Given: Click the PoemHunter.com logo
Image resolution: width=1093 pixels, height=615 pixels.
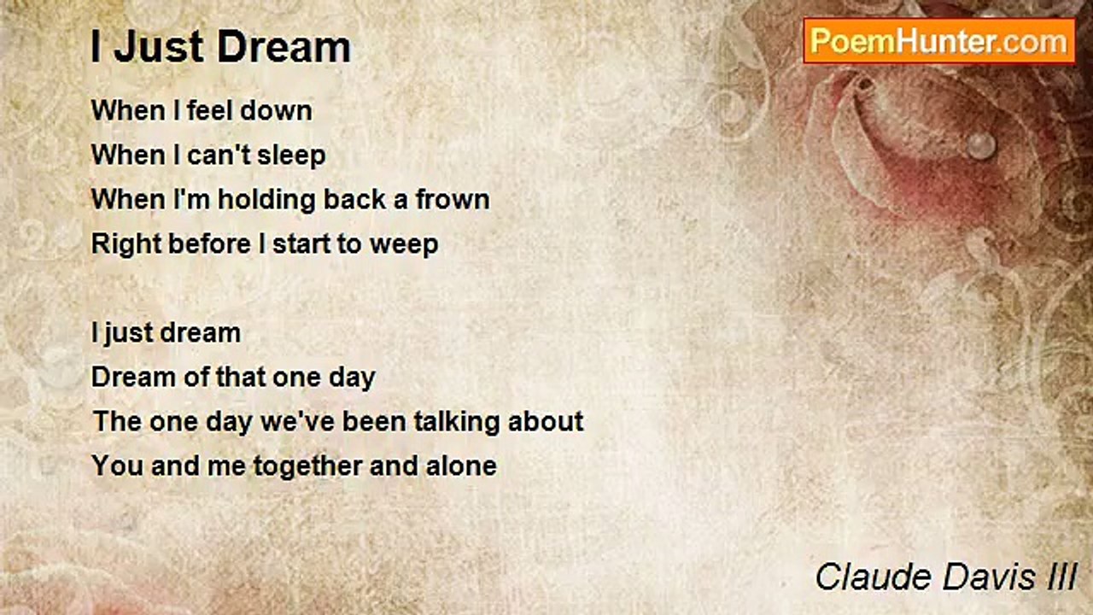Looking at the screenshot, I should click(938, 41).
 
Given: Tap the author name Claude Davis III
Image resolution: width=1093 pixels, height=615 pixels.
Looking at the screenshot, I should click(945, 577).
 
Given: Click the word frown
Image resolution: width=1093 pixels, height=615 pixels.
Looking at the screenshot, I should click(453, 200).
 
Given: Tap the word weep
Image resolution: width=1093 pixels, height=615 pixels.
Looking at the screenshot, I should click(404, 244).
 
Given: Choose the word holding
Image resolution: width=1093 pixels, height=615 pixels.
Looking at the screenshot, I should click(254, 200).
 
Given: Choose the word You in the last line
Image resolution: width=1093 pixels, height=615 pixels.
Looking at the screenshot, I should click(113, 466).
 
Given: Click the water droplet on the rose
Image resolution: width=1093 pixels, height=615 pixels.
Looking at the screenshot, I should click(979, 144).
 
